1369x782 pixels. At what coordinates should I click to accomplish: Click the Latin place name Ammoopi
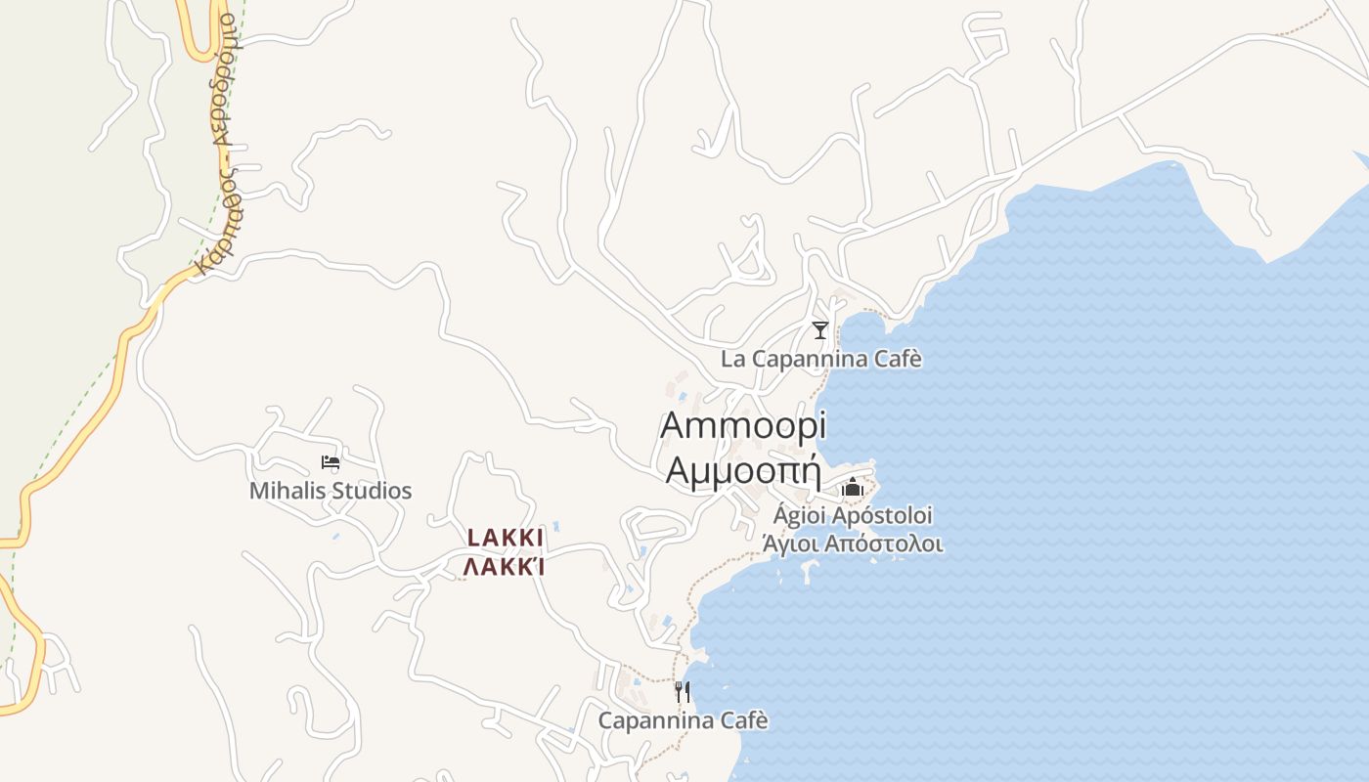tap(743, 427)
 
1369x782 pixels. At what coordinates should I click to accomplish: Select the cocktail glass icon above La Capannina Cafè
tap(820, 330)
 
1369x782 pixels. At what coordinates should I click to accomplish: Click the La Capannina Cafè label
tap(821, 359)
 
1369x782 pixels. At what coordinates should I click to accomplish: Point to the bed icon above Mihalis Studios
tap(331, 462)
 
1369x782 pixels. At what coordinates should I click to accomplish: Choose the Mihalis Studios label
tap(331, 491)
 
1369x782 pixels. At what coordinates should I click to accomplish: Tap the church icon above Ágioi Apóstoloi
tap(853, 487)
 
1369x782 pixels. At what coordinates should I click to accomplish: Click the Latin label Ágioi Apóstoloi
tap(853, 515)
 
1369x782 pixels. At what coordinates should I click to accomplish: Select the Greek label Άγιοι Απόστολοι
tap(853, 543)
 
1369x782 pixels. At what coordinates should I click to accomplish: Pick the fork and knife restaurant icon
tap(683, 692)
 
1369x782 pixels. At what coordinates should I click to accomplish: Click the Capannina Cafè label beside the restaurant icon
tap(683, 721)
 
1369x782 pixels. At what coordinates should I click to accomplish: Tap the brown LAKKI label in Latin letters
tap(505, 539)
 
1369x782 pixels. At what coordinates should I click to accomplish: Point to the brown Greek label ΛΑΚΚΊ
tap(505, 567)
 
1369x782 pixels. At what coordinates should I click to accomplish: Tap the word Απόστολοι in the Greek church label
tap(885, 543)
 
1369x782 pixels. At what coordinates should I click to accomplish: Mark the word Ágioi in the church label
tap(799, 515)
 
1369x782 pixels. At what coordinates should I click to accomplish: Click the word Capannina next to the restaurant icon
tap(655, 721)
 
